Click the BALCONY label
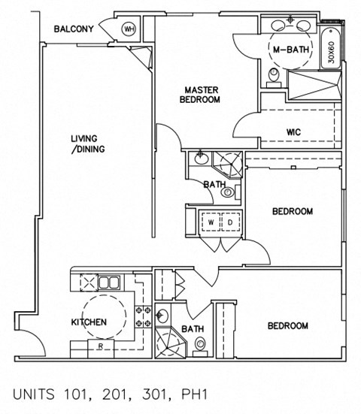pyautogui.click(x=74, y=30)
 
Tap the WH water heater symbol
pyautogui.click(x=129, y=29)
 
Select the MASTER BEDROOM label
pyautogui.click(x=202, y=95)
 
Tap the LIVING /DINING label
pyautogui.click(x=87, y=144)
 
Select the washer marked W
pyautogui.click(x=212, y=222)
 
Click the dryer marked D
pyautogui.click(x=230, y=222)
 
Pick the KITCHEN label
pyautogui.click(x=89, y=322)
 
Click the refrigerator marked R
pyautogui.click(x=101, y=347)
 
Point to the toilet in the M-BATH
pyautogui.click(x=275, y=74)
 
